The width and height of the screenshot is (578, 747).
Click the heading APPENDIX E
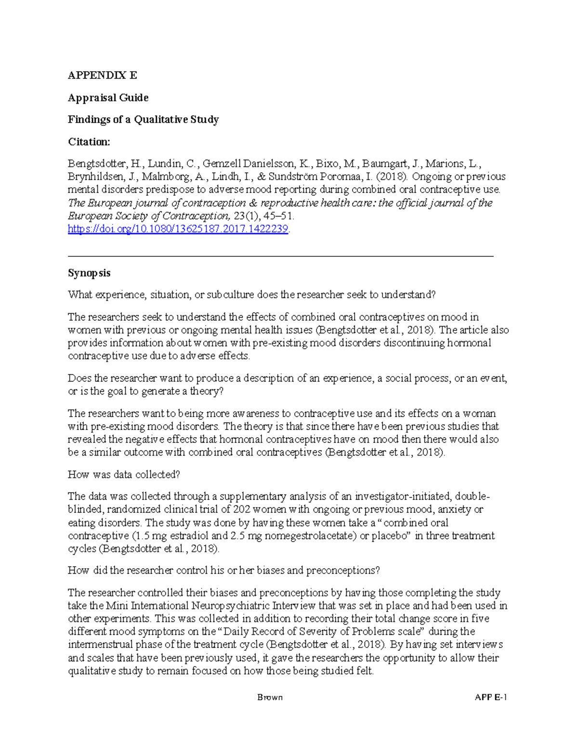tap(102, 76)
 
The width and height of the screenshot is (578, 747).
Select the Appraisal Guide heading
tap(108, 98)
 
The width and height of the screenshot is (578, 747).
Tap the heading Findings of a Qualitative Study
tap(143, 119)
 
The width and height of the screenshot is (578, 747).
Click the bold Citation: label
tap(89, 141)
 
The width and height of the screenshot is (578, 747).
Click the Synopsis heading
tap(89, 273)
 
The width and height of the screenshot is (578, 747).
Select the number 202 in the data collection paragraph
tap(241, 509)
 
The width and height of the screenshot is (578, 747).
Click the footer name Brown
tap(270, 697)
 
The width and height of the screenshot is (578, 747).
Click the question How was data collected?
tap(124, 474)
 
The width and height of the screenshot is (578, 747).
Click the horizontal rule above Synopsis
tap(281, 256)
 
